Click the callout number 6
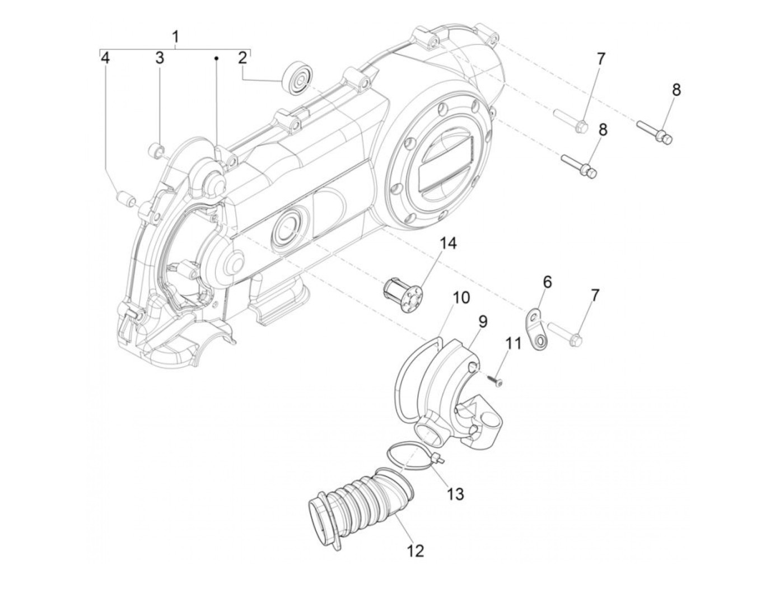(x=547, y=282)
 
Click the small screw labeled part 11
(x=494, y=380)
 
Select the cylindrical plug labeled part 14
(x=403, y=290)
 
